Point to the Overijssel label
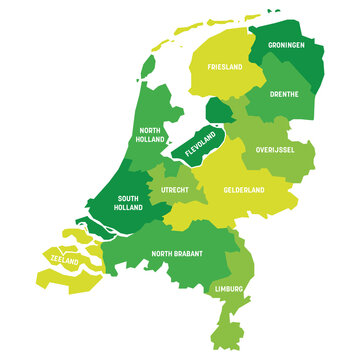click(x=274, y=149)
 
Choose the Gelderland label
click(x=242, y=189)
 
